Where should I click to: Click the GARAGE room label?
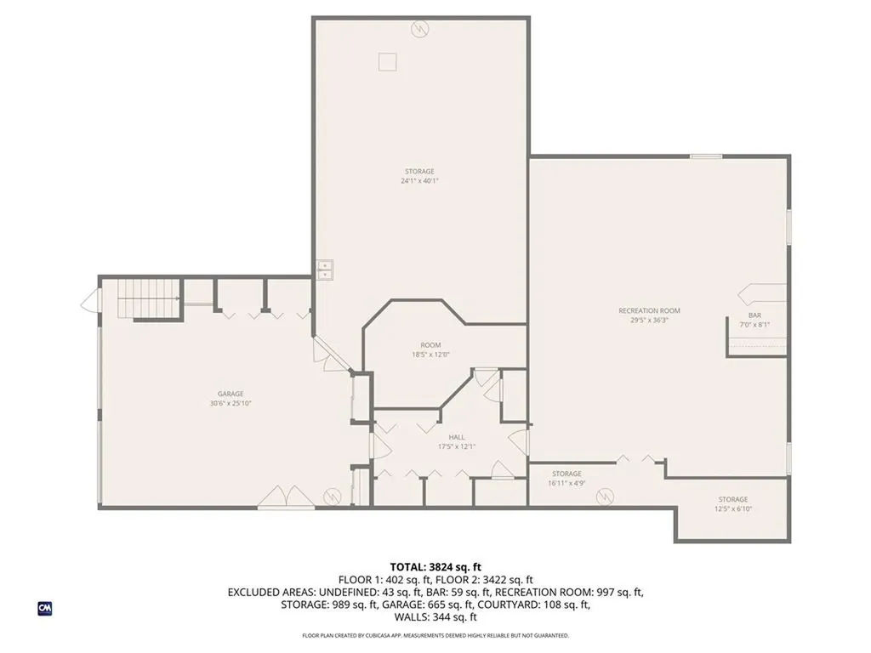click(x=231, y=394)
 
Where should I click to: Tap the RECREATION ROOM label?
click(x=649, y=311)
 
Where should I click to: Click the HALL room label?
click(x=457, y=437)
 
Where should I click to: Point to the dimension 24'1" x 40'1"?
click(x=419, y=180)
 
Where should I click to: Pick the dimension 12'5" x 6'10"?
click(x=732, y=509)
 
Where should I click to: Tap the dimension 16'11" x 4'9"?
click(x=566, y=483)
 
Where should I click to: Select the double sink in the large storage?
click(x=325, y=270)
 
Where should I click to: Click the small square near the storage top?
click(x=388, y=61)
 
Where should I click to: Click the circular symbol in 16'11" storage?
click(x=605, y=495)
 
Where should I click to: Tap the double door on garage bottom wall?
click(x=281, y=497)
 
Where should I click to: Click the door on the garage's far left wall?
click(x=88, y=301)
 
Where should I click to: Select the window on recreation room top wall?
click(x=705, y=156)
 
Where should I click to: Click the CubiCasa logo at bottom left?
click(x=45, y=608)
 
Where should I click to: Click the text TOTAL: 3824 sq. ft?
click(x=435, y=566)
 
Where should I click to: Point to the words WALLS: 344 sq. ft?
click(x=435, y=617)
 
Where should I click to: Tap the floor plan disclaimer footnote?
click(x=435, y=635)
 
